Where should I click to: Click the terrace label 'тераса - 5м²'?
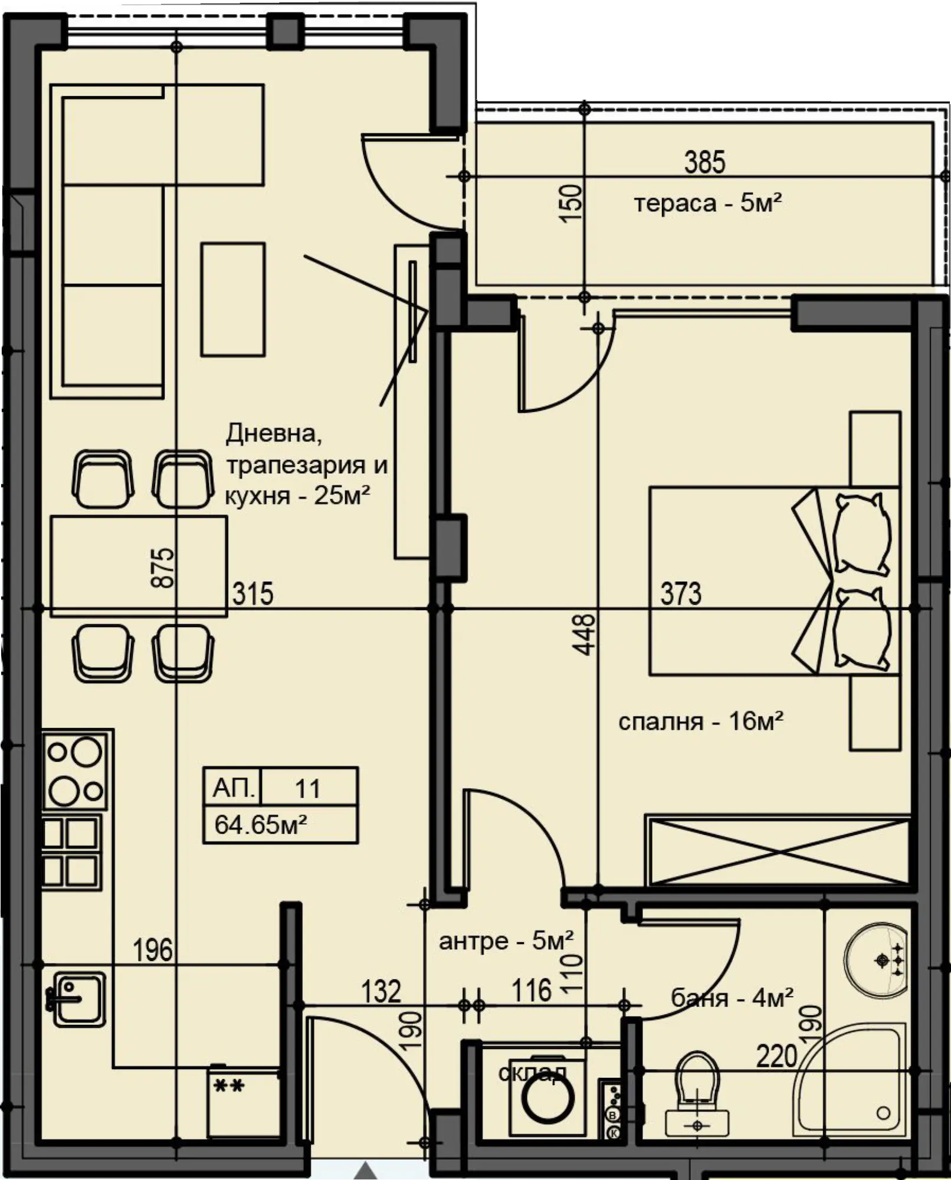coord(708,204)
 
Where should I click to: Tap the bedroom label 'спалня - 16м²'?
coord(701,721)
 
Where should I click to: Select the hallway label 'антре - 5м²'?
coord(506,941)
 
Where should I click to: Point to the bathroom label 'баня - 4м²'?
coord(732,998)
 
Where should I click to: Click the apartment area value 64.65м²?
coord(260,824)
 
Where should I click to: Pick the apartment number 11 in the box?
coord(307,789)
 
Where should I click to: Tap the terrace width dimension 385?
coord(705,162)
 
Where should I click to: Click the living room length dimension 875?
coord(163,568)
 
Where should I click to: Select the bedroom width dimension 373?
coord(681,594)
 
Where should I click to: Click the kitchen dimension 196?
coord(153,950)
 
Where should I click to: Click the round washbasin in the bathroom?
coord(875,959)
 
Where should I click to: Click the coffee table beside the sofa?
coord(232,299)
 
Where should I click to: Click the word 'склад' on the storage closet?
coord(532,1072)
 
